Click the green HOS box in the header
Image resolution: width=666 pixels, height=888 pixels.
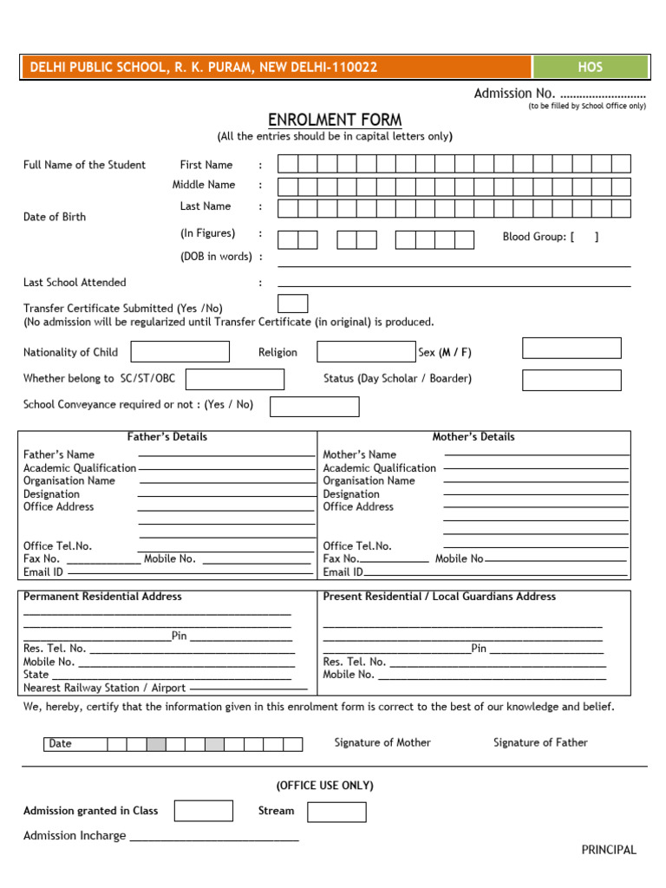590,67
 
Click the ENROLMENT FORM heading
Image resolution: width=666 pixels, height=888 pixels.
335,120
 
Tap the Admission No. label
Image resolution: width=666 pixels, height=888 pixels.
514,94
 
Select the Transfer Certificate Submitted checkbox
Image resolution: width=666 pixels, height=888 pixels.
292,304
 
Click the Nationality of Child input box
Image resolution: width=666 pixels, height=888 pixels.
180,351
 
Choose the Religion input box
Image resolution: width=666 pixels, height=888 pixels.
366,351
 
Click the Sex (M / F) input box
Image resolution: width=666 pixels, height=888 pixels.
571,348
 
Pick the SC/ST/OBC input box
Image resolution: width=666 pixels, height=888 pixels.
235,379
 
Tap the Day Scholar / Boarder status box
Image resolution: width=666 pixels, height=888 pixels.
571,380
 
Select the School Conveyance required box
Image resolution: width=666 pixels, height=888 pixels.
314,407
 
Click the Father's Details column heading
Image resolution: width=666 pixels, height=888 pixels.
167,437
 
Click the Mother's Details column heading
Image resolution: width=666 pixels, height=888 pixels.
473,437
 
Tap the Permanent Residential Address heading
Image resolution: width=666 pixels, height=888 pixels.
102,597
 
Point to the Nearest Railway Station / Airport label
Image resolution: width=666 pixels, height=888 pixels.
105,688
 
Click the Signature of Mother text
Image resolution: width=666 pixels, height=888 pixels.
382,742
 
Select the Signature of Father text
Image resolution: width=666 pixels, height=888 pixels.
540,742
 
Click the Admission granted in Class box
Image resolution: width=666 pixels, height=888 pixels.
203,811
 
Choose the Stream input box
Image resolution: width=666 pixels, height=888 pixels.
336,812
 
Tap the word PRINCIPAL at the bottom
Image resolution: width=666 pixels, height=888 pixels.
609,850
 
